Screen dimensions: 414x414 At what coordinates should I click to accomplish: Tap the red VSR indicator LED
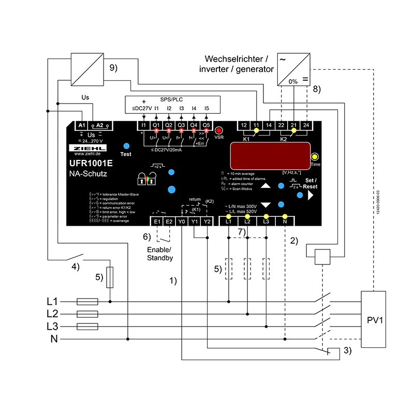tap(219, 130)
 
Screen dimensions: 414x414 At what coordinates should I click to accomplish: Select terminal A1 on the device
tap(82, 126)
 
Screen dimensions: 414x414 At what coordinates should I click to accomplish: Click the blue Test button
tap(126, 146)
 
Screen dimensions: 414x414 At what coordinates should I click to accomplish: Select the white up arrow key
tap(265, 186)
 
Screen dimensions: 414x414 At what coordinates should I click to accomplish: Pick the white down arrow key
tap(265, 204)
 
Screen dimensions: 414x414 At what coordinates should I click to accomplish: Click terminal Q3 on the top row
tap(181, 125)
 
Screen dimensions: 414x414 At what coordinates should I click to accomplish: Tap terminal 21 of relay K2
tap(293, 125)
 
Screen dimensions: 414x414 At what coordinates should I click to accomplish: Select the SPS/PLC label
tap(171, 99)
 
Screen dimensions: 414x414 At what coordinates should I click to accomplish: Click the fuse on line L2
tap(87, 314)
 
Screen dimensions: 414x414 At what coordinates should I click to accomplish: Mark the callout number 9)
tap(114, 67)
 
